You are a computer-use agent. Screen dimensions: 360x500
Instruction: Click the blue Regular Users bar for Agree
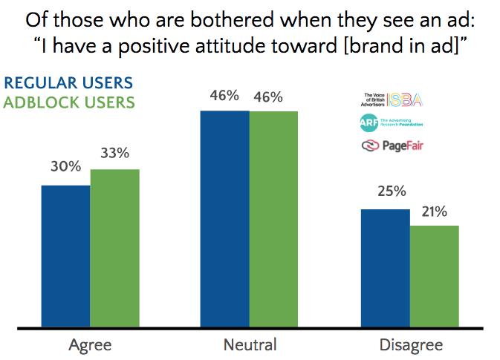coord(65,255)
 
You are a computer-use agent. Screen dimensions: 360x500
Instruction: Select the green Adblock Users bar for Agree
coord(114,248)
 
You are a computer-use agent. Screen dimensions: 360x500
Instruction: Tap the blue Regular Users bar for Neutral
coord(224,218)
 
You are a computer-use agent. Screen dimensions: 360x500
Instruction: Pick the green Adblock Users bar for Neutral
coord(273,218)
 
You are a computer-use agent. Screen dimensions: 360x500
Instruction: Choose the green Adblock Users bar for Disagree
coord(434,275)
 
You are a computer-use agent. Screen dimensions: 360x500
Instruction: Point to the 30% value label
coord(65,167)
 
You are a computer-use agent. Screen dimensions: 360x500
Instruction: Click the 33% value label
coord(114,154)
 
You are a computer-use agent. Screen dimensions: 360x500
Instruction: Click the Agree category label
coord(90,345)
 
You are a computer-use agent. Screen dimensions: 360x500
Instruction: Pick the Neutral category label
coord(249,345)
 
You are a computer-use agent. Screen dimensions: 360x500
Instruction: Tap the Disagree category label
coord(409,345)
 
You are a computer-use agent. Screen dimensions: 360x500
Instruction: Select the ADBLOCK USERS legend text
coord(69,102)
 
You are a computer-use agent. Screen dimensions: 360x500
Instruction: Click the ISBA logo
coord(391,99)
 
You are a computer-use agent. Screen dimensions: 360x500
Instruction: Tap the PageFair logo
coord(392,145)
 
